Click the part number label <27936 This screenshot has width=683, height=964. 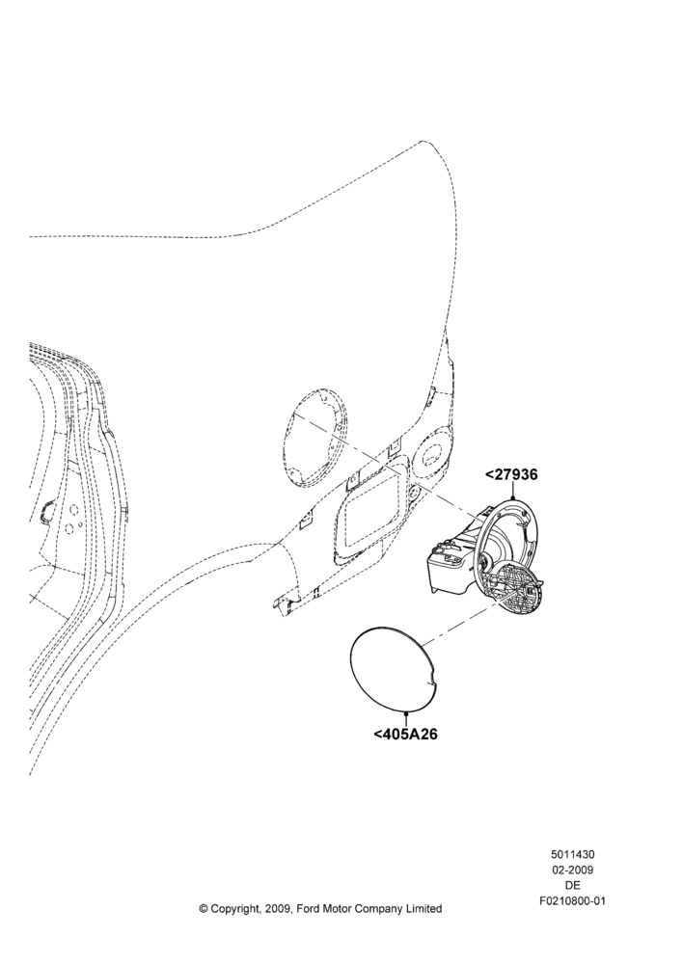(x=511, y=474)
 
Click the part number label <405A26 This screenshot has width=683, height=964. (x=405, y=734)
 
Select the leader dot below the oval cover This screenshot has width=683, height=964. (x=406, y=712)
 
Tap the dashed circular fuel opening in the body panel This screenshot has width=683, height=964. (x=317, y=438)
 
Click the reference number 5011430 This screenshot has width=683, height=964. (x=572, y=854)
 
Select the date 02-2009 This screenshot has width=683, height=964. (x=572, y=870)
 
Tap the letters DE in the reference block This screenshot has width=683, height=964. (x=572, y=885)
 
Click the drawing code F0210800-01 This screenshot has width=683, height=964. (x=572, y=900)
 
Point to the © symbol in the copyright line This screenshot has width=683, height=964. (x=203, y=909)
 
